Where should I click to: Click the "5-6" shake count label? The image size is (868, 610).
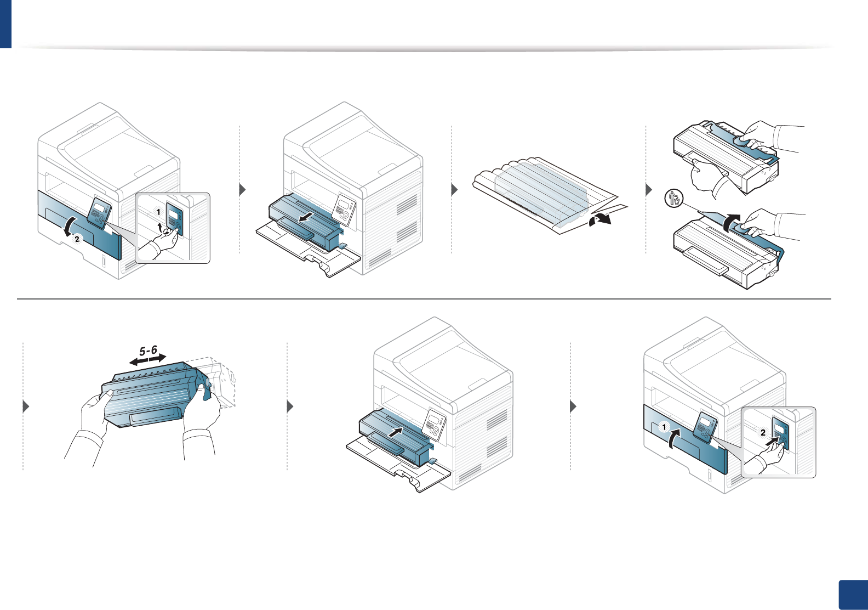[x=148, y=351]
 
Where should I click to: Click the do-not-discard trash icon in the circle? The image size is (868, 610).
[x=673, y=198]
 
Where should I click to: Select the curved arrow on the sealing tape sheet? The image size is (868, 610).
[x=598, y=220]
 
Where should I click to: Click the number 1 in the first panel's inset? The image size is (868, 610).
[x=158, y=212]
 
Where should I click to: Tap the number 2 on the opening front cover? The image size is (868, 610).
[x=77, y=239]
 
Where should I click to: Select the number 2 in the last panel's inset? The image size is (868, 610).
[x=763, y=432]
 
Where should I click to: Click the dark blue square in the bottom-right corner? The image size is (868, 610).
[x=853, y=595]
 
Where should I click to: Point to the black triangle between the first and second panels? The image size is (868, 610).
[x=243, y=190]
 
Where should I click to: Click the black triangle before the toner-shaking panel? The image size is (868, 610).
[x=26, y=407]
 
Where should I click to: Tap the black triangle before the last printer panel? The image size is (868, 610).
[x=573, y=407]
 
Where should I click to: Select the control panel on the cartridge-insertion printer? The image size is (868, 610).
[x=434, y=424]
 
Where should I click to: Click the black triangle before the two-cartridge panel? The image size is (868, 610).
[x=649, y=190]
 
